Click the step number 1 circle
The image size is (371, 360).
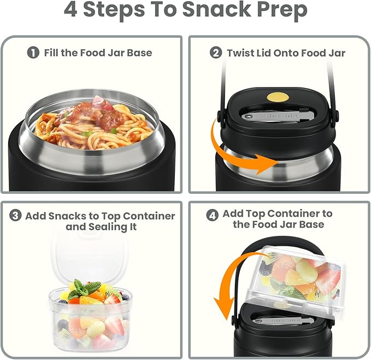tap(34, 53)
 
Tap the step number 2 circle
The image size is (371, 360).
tap(216, 53)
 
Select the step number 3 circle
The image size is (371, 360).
tap(16, 216)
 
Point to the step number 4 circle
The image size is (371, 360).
tap(213, 215)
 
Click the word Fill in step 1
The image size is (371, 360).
tap(51, 53)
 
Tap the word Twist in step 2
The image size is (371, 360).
tap(240, 53)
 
